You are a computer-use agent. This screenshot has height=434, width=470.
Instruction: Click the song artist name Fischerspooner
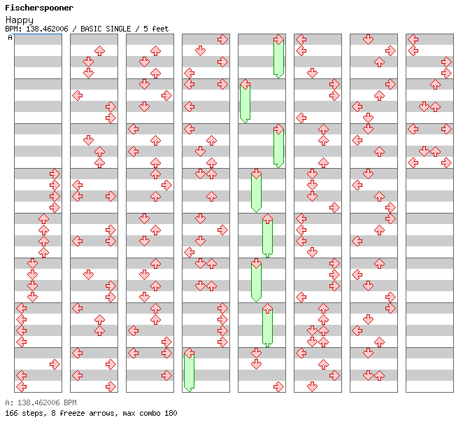point(39,8)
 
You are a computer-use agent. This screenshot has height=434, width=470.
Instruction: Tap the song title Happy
point(20,20)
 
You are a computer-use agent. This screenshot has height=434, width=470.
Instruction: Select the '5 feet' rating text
point(155,29)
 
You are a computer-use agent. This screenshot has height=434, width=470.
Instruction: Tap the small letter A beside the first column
point(10,38)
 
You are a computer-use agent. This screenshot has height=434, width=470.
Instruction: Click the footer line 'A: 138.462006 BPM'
point(41,403)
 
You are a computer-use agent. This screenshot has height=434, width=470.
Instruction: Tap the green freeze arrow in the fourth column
point(189,371)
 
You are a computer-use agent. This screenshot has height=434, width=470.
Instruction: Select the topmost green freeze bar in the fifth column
point(278,57)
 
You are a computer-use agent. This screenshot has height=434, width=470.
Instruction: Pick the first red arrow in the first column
point(55,174)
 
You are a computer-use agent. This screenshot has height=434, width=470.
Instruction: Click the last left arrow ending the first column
point(21,386)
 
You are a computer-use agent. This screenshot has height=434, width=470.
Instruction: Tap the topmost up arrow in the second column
point(99,50)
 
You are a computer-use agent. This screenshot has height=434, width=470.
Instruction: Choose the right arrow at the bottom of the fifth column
point(278,386)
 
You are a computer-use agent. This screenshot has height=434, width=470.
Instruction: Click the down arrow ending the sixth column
point(312,386)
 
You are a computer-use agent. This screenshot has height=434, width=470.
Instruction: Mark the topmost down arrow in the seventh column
point(368,39)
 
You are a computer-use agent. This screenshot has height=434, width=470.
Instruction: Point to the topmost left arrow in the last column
point(413,39)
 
